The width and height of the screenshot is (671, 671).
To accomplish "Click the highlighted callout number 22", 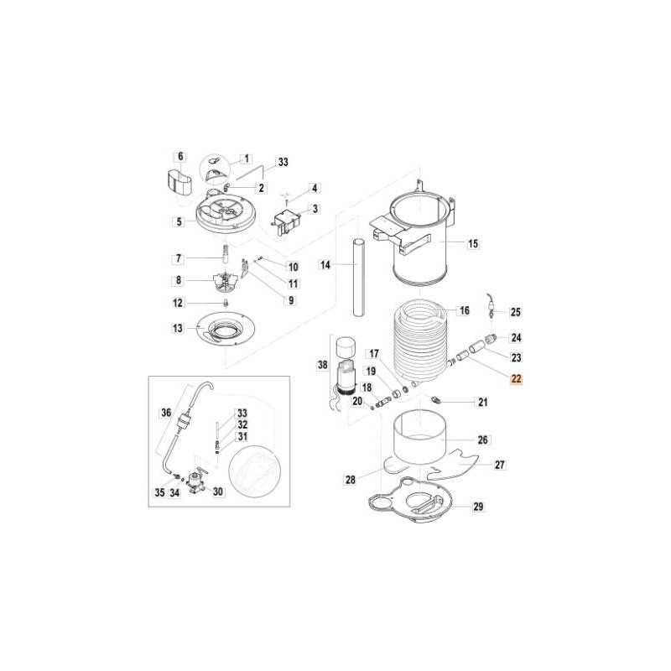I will [517, 379].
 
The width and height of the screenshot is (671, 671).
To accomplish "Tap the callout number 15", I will [473, 244].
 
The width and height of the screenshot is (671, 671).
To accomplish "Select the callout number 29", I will [478, 506].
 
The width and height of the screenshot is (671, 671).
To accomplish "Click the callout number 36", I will [165, 412].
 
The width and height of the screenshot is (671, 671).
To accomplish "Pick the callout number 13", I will [178, 328].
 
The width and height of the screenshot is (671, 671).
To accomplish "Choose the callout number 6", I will [179, 156].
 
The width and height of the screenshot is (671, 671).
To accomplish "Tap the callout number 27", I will [500, 464].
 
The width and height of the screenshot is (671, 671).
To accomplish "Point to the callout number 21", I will [482, 402].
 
